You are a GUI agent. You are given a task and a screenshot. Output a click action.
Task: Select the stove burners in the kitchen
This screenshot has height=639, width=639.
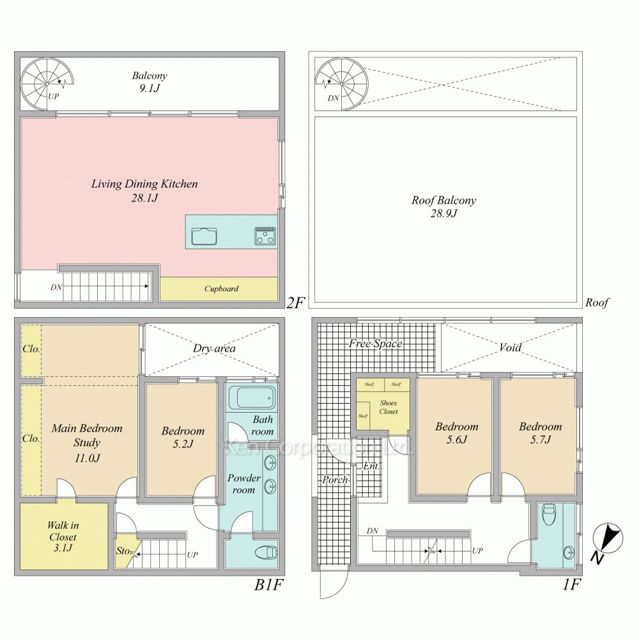tap(265, 235)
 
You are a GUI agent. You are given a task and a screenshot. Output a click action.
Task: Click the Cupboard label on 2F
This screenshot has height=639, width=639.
tap(221, 289)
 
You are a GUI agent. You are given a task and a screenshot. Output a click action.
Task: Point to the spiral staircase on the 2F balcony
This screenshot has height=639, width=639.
tap(47, 83)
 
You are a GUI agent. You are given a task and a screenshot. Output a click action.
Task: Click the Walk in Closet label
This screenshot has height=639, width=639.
tap(62, 531)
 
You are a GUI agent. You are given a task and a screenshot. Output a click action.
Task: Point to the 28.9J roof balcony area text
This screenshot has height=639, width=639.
tap(443, 213)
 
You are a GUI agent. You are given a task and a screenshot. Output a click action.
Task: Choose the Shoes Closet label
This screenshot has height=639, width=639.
tap(388, 407)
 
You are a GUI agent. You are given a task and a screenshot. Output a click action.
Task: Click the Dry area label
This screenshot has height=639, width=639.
tap(214, 348)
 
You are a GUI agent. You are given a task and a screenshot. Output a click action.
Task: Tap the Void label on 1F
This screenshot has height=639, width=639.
tap(510, 348)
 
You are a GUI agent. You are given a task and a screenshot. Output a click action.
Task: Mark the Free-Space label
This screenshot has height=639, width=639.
tap(375, 344)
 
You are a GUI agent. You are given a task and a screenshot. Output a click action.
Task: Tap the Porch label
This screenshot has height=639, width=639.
tap(335, 479)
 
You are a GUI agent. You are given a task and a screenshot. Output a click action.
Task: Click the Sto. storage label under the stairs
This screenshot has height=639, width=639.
tap(123, 551)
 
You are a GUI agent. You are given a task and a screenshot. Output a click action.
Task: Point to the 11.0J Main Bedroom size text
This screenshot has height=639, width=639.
tap(86, 458)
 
